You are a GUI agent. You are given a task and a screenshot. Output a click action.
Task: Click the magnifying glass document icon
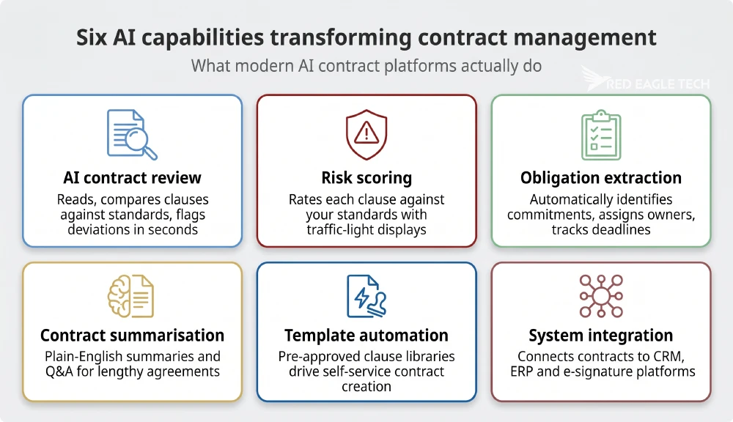132,134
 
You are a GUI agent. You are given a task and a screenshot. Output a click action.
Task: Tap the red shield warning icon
366,133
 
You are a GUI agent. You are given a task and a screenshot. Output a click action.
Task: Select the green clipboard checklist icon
601,135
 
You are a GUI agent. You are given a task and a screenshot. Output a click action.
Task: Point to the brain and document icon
132,295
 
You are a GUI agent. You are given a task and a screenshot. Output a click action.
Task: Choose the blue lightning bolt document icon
366,295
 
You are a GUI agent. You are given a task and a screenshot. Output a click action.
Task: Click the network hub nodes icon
601,295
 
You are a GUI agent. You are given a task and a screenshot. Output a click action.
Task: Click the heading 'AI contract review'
132,178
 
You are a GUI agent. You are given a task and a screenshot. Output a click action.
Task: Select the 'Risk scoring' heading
366,178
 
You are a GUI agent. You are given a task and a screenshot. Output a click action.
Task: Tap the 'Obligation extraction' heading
601,178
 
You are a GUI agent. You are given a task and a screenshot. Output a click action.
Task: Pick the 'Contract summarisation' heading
132,336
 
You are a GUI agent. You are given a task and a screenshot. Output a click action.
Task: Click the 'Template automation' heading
366,336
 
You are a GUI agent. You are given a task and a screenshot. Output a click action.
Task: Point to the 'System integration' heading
601,336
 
